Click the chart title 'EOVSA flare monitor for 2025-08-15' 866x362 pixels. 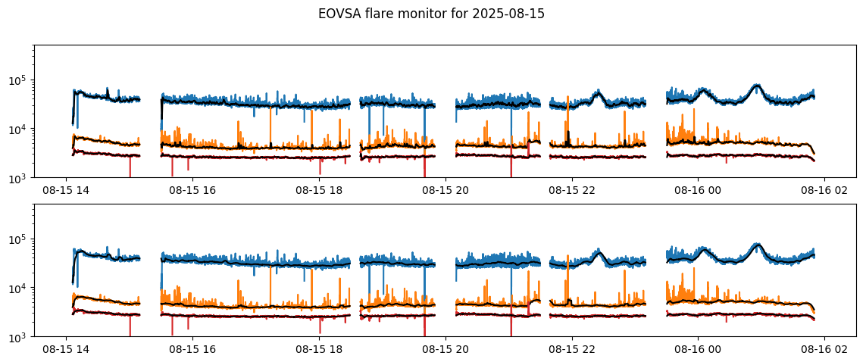pos(431,14)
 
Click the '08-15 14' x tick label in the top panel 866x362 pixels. pos(65,191)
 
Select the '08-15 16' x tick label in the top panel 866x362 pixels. pos(192,191)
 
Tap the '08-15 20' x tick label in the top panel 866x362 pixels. pos(445,191)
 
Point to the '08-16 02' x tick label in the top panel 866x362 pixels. pos(824,191)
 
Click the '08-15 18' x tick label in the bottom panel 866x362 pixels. pos(318,350)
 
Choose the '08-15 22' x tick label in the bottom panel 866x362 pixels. pos(571,350)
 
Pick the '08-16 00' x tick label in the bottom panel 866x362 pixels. pos(698,350)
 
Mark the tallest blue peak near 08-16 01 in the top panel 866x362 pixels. pos(756,86)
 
